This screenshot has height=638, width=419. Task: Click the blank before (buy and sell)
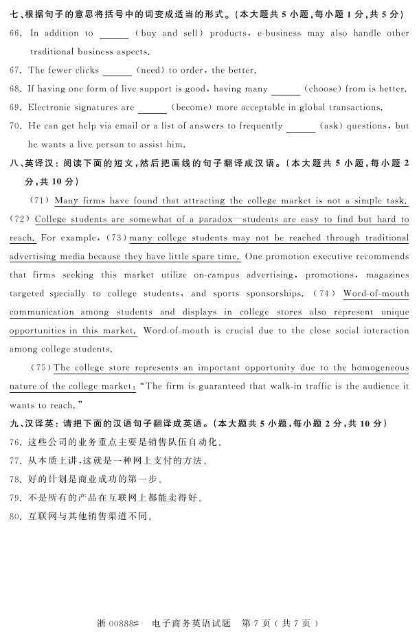click(x=114, y=34)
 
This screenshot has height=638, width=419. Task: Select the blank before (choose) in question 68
click(x=286, y=89)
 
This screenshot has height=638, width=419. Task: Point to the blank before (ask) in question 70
click(x=301, y=127)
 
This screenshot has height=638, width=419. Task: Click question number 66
click(x=16, y=33)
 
